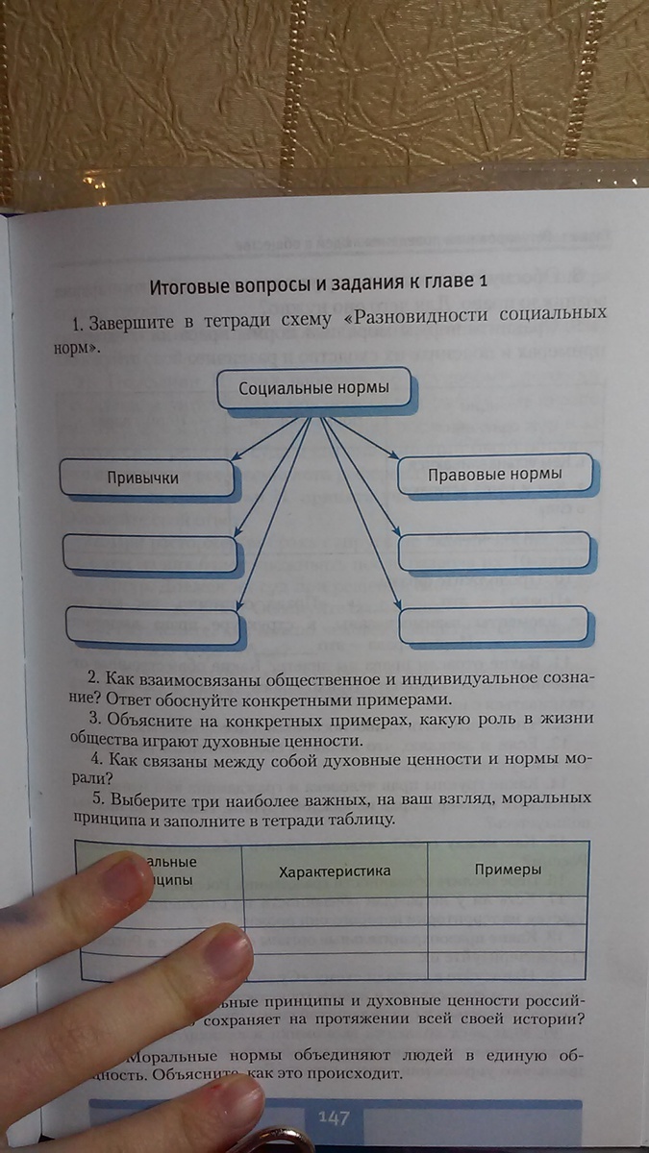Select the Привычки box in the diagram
147,478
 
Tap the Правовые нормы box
493,474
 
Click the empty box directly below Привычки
150,553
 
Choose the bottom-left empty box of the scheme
152,626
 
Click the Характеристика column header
334,871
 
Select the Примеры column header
508,869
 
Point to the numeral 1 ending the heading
484,282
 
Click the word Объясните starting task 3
142,719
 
